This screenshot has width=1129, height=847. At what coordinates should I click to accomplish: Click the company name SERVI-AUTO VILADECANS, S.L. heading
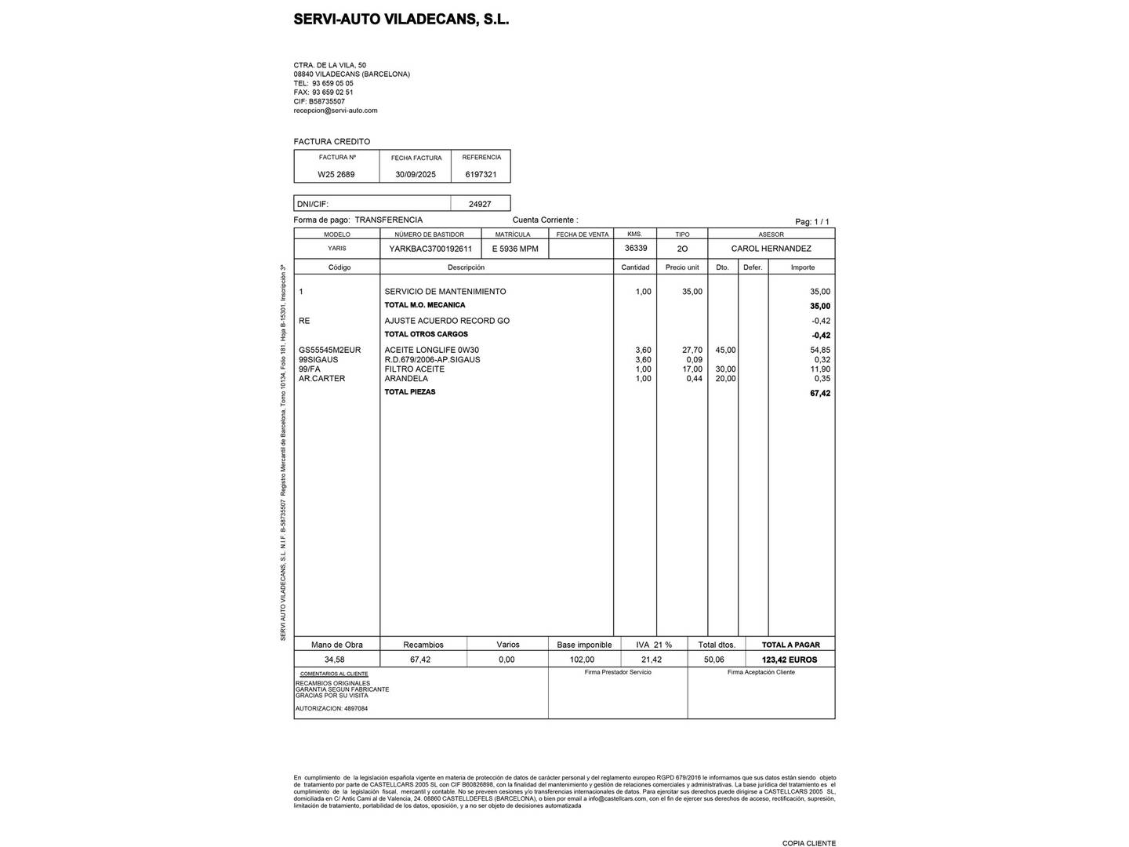[x=401, y=20]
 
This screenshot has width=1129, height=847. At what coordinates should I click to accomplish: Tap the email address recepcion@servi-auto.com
[x=336, y=111]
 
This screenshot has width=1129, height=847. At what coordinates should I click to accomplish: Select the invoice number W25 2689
[x=336, y=175]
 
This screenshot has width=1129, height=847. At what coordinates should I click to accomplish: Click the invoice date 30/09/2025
[x=416, y=175]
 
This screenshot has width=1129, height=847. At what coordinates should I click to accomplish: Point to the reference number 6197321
[x=481, y=175]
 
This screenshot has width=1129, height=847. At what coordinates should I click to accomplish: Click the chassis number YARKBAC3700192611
[x=430, y=249]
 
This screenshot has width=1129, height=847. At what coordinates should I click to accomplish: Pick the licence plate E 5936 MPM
[x=515, y=249]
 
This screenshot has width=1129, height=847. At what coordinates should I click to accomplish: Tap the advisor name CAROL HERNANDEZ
[x=771, y=249]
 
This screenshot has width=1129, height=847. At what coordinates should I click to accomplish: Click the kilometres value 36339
[x=636, y=248]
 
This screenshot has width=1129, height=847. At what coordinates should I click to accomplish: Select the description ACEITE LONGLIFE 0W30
[x=431, y=351]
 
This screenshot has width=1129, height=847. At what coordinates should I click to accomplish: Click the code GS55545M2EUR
[x=330, y=351]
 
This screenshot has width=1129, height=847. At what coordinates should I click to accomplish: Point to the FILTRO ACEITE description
[x=415, y=369]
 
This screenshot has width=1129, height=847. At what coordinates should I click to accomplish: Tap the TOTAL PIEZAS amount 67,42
[x=820, y=394]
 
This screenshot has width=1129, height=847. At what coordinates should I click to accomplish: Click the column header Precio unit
[x=682, y=267]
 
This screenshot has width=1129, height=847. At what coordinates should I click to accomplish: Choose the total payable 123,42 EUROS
[x=790, y=660]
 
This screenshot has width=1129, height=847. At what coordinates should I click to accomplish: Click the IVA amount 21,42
[x=652, y=660]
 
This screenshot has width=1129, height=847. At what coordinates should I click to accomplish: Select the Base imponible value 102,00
[x=582, y=660]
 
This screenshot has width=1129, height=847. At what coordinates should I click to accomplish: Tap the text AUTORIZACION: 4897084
[x=332, y=709]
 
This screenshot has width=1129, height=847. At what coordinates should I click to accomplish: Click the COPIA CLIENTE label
[x=809, y=843]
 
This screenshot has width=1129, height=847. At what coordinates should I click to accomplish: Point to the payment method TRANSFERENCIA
[x=389, y=220]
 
